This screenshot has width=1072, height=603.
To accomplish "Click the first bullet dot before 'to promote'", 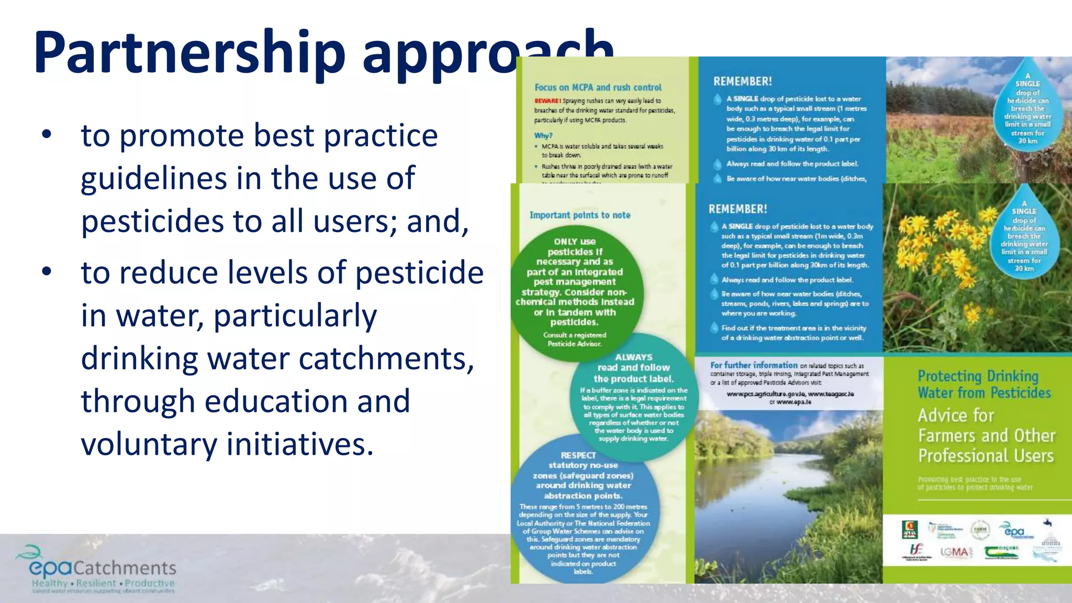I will tap(47, 135).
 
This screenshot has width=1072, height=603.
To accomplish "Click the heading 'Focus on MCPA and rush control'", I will tap(598, 87).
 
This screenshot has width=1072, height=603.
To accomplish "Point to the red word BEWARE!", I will tap(547, 100).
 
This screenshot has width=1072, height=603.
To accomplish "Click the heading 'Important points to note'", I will tap(579, 215).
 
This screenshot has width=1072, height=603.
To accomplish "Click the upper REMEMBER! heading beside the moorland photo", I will tap(742, 81).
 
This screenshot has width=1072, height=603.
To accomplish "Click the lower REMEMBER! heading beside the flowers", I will tap(738, 209).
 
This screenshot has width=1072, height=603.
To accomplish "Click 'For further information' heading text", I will tap(754, 365).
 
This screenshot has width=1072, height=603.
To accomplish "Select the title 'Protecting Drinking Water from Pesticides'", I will tap(984, 384).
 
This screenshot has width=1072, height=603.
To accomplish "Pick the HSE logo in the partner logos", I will tap(916, 551).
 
